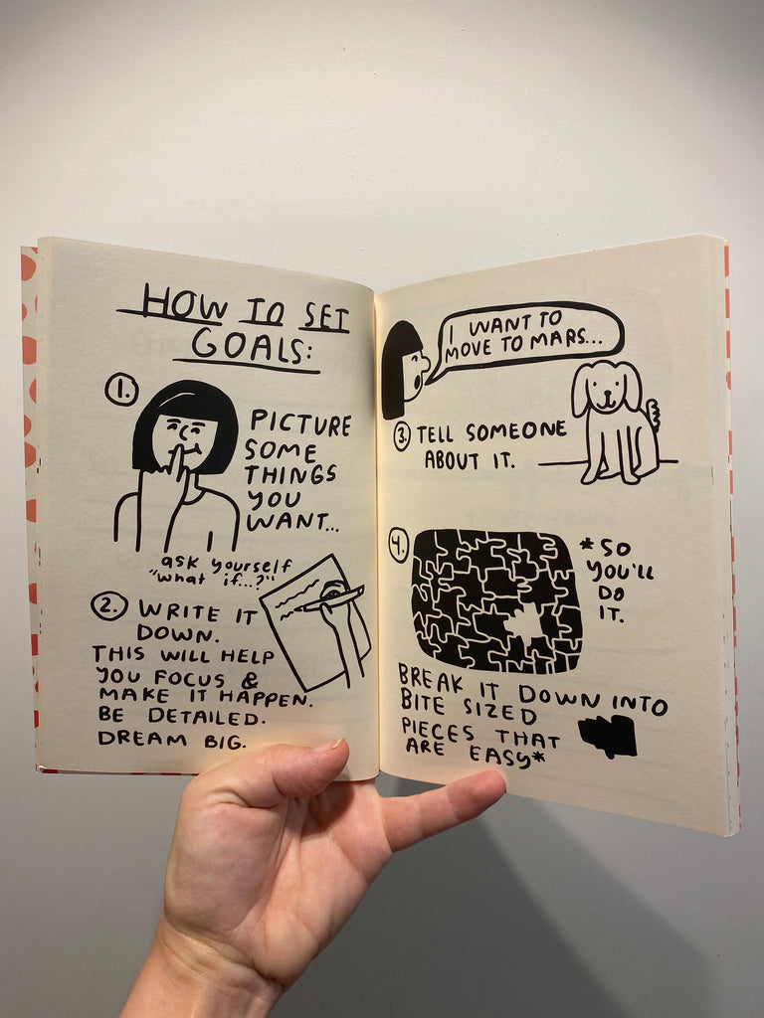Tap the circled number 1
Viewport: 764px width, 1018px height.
[x=120, y=391]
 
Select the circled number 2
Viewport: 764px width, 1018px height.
[x=108, y=604]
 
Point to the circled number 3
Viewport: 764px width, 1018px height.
[x=402, y=435]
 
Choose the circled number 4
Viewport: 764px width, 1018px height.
[x=399, y=546]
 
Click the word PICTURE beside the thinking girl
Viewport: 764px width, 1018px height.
[x=299, y=424]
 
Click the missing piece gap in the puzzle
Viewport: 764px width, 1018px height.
[x=524, y=624]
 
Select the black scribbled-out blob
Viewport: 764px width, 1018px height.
[x=607, y=736]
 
